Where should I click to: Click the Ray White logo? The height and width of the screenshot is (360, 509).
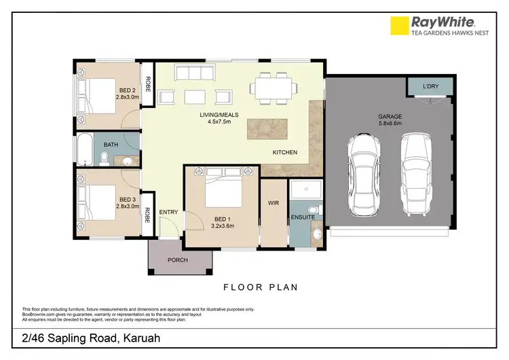click(432, 26)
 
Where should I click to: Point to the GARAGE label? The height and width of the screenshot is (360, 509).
click(390, 117)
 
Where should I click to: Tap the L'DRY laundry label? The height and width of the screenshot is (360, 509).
click(430, 87)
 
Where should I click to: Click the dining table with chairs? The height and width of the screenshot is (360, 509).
click(274, 88)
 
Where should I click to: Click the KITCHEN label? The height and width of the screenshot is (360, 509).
click(285, 153)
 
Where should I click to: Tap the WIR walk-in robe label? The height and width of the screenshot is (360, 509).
click(274, 203)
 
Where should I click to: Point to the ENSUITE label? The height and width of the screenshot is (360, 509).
click(303, 217)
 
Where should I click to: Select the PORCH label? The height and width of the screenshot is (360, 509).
click(177, 260)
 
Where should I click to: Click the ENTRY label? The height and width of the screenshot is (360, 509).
click(168, 213)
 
